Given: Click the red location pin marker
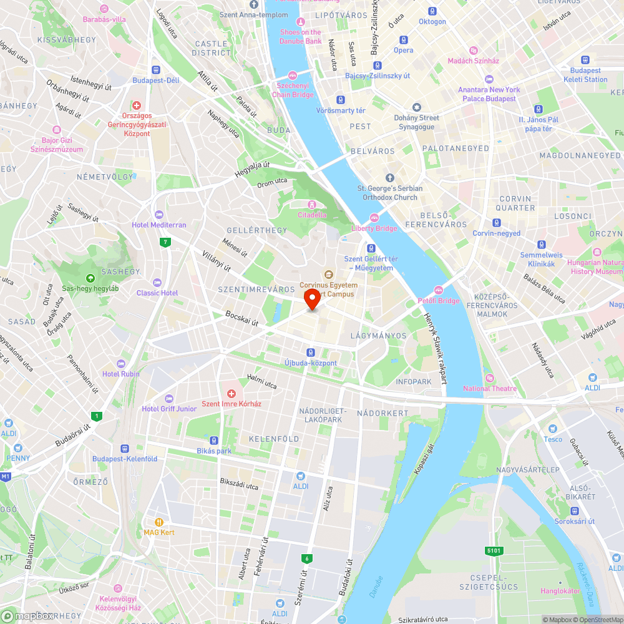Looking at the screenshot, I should [x=312, y=300].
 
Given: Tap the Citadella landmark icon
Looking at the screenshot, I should [x=311, y=205].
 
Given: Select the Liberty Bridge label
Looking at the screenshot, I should [x=374, y=228].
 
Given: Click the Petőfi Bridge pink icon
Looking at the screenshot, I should [x=439, y=290].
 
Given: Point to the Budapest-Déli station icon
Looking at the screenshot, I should [x=155, y=71].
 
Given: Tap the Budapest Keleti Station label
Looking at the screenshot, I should [x=585, y=75].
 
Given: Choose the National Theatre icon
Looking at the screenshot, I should [x=489, y=378].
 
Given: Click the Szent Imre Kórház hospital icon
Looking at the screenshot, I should [x=231, y=393].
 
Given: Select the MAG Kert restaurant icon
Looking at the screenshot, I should [x=159, y=522].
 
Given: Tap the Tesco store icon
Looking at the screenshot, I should [x=552, y=429].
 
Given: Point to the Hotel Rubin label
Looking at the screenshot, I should [x=121, y=374].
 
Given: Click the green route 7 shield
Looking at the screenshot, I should [x=165, y=242].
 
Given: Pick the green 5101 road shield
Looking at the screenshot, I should [x=493, y=550].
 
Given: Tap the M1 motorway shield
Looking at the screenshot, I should [x=6, y=477].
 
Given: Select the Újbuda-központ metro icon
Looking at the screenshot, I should [x=311, y=353].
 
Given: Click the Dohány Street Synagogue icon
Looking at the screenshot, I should [x=416, y=107].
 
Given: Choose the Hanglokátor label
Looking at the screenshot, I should [x=560, y=590].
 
